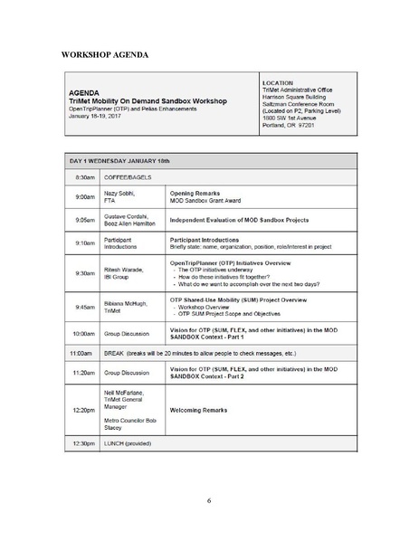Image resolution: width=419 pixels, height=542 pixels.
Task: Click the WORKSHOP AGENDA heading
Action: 104,55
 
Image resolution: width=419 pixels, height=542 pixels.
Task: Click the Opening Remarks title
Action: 199,194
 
